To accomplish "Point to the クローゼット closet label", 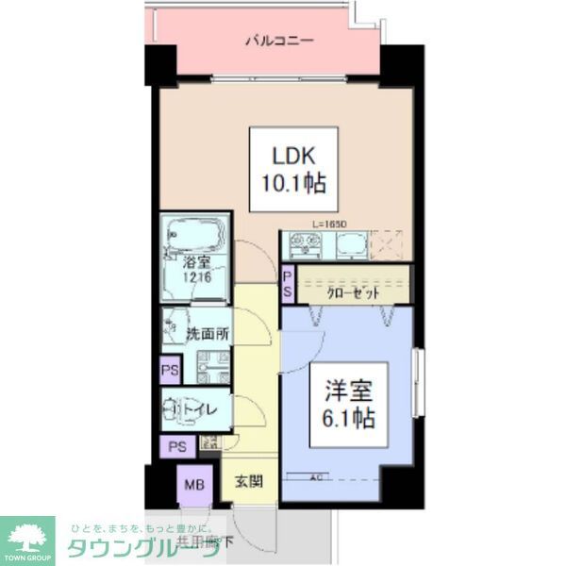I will click(x=354, y=292).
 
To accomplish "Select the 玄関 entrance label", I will click(x=249, y=482).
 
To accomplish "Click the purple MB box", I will click(x=192, y=486).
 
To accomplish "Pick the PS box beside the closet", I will click(x=288, y=284).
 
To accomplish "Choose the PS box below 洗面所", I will click(x=170, y=370).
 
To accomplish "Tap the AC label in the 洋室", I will click(x=317, y=477).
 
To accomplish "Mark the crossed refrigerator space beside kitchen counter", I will click(x=387, y=244).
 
